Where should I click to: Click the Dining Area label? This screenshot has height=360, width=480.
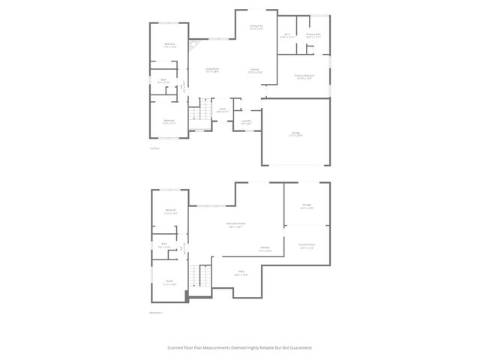coord(256,27)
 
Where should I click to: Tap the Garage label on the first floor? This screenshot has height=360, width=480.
coord(296,135)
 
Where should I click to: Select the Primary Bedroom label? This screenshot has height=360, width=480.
coord(304,76)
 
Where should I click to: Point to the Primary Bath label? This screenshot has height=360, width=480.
coord(313,35)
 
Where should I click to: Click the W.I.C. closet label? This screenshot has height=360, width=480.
coord(287,35)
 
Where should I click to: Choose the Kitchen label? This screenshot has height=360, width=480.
coord(255,71)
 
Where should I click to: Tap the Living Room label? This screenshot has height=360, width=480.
coord(212,70)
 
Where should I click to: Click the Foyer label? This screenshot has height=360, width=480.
coord(223,110)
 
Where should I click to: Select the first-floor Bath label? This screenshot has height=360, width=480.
coord(163,80)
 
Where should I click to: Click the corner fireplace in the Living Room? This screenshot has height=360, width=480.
coord(193,44)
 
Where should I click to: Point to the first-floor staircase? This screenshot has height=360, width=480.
coord(196,115)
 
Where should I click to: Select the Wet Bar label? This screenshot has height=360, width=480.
coord(265,249)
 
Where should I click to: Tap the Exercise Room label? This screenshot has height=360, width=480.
coord(306,246)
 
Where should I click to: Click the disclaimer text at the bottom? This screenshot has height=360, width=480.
coord(240,348)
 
